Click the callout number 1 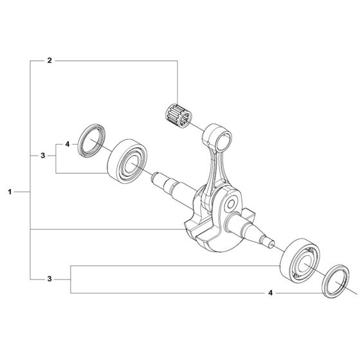coord(10,192)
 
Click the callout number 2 coord(50,60)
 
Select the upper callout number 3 coord(43,156)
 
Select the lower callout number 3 coord(50,279)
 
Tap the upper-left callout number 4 coord(67,144)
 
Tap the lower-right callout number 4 coord(271,292)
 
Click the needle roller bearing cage coord(179,115)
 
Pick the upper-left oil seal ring coord(91,141)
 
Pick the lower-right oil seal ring coord(336,280)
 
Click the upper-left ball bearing coord(127,161)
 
